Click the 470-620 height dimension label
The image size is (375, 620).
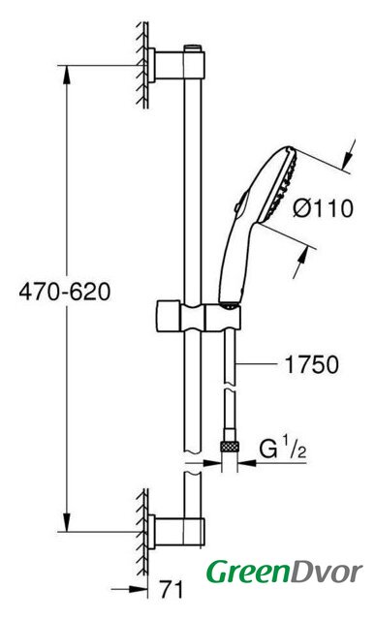65,293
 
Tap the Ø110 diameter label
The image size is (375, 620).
323,208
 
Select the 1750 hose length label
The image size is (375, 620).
312,364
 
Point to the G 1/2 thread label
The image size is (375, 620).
283,449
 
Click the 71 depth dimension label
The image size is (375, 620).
172,590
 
